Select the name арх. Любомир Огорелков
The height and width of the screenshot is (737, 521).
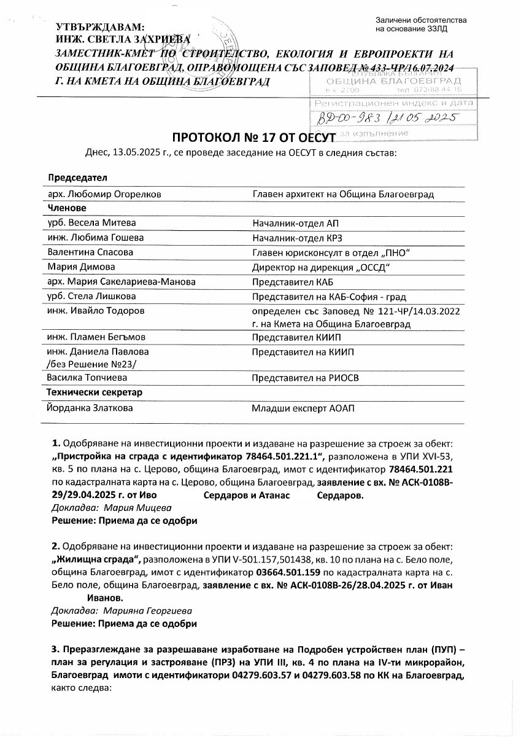104,194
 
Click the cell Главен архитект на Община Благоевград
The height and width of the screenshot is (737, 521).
343,194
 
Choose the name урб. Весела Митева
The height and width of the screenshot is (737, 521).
92,222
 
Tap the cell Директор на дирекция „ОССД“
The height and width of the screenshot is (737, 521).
322,267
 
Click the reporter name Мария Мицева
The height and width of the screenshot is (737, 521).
138,508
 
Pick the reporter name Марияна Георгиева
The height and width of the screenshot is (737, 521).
148,611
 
